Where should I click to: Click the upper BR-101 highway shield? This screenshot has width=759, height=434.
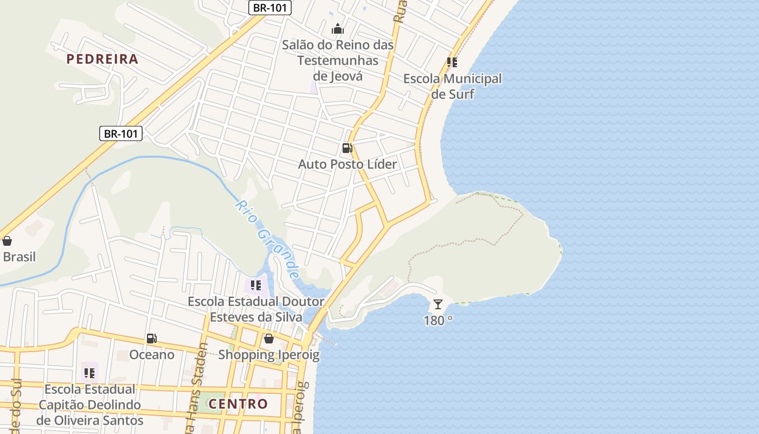271,8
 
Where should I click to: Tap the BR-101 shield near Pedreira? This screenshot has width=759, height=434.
121,133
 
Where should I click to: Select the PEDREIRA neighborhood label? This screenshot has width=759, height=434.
102,59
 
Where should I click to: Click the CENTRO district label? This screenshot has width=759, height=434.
238,404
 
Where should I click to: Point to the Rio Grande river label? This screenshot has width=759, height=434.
268,239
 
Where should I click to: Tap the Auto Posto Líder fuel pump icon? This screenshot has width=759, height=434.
347,148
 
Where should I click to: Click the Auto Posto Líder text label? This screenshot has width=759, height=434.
348,164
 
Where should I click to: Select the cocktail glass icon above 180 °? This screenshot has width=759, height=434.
438,304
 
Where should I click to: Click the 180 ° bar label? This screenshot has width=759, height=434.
438,321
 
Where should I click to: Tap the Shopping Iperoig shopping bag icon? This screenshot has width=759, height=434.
268,339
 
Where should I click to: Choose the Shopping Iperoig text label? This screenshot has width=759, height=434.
269,355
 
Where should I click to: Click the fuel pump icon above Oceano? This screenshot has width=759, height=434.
152,339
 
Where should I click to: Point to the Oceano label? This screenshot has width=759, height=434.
152,355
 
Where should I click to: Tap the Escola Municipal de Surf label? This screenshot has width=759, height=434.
452,86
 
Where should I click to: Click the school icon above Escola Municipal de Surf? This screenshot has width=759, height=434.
452,62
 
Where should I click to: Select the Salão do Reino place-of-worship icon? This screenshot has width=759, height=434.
338,29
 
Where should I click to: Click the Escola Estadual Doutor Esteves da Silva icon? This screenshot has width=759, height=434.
256,285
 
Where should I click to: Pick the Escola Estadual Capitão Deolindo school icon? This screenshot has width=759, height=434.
89,373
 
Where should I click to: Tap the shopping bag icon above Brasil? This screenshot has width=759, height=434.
7,241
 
